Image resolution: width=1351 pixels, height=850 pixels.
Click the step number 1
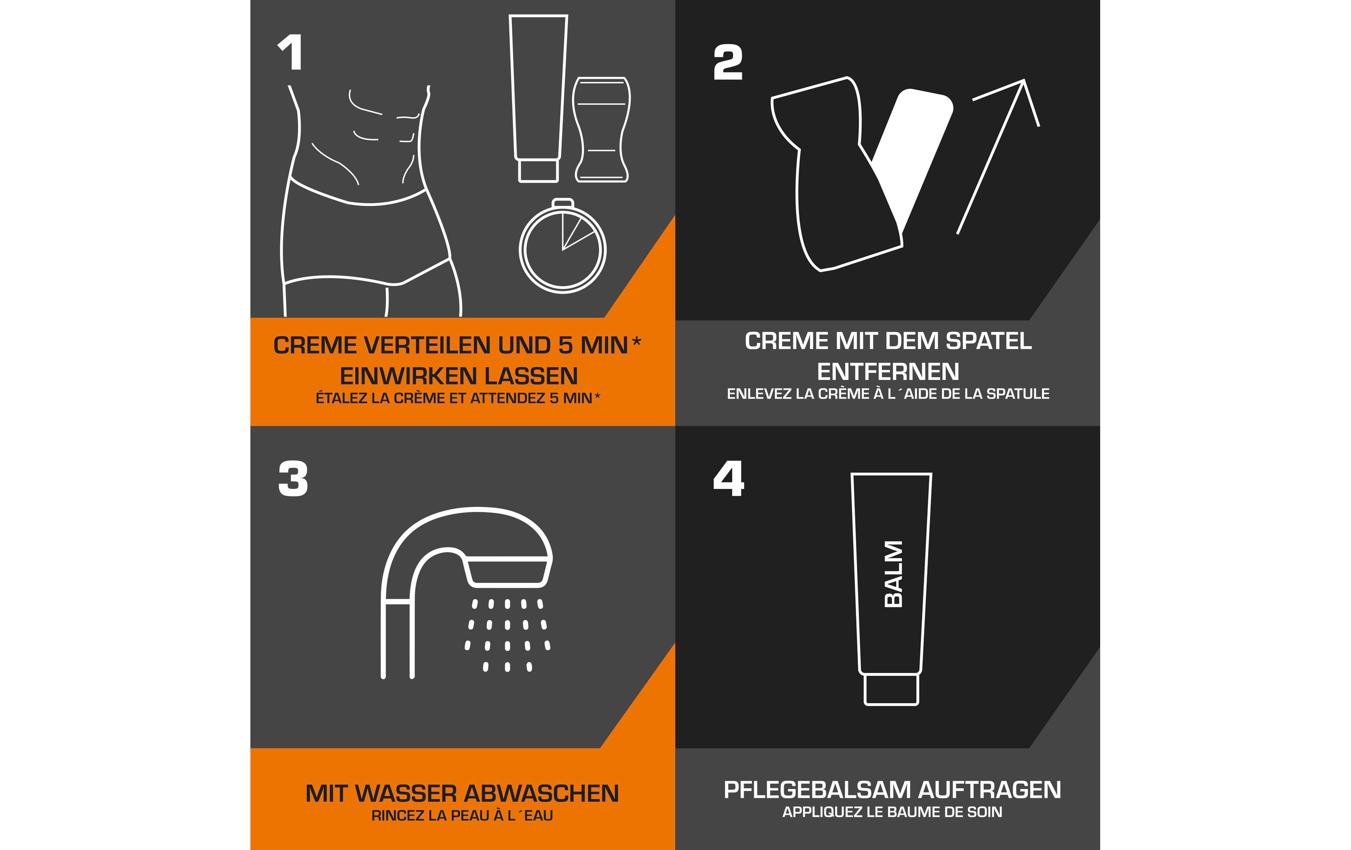point(290,53)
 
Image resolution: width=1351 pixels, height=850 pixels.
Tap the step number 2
point(728,63)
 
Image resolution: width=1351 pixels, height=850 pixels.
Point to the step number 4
point(728,479)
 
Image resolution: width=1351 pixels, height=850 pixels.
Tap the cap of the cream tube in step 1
point(538,171)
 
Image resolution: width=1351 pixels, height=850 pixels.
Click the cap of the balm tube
point(891,690)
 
